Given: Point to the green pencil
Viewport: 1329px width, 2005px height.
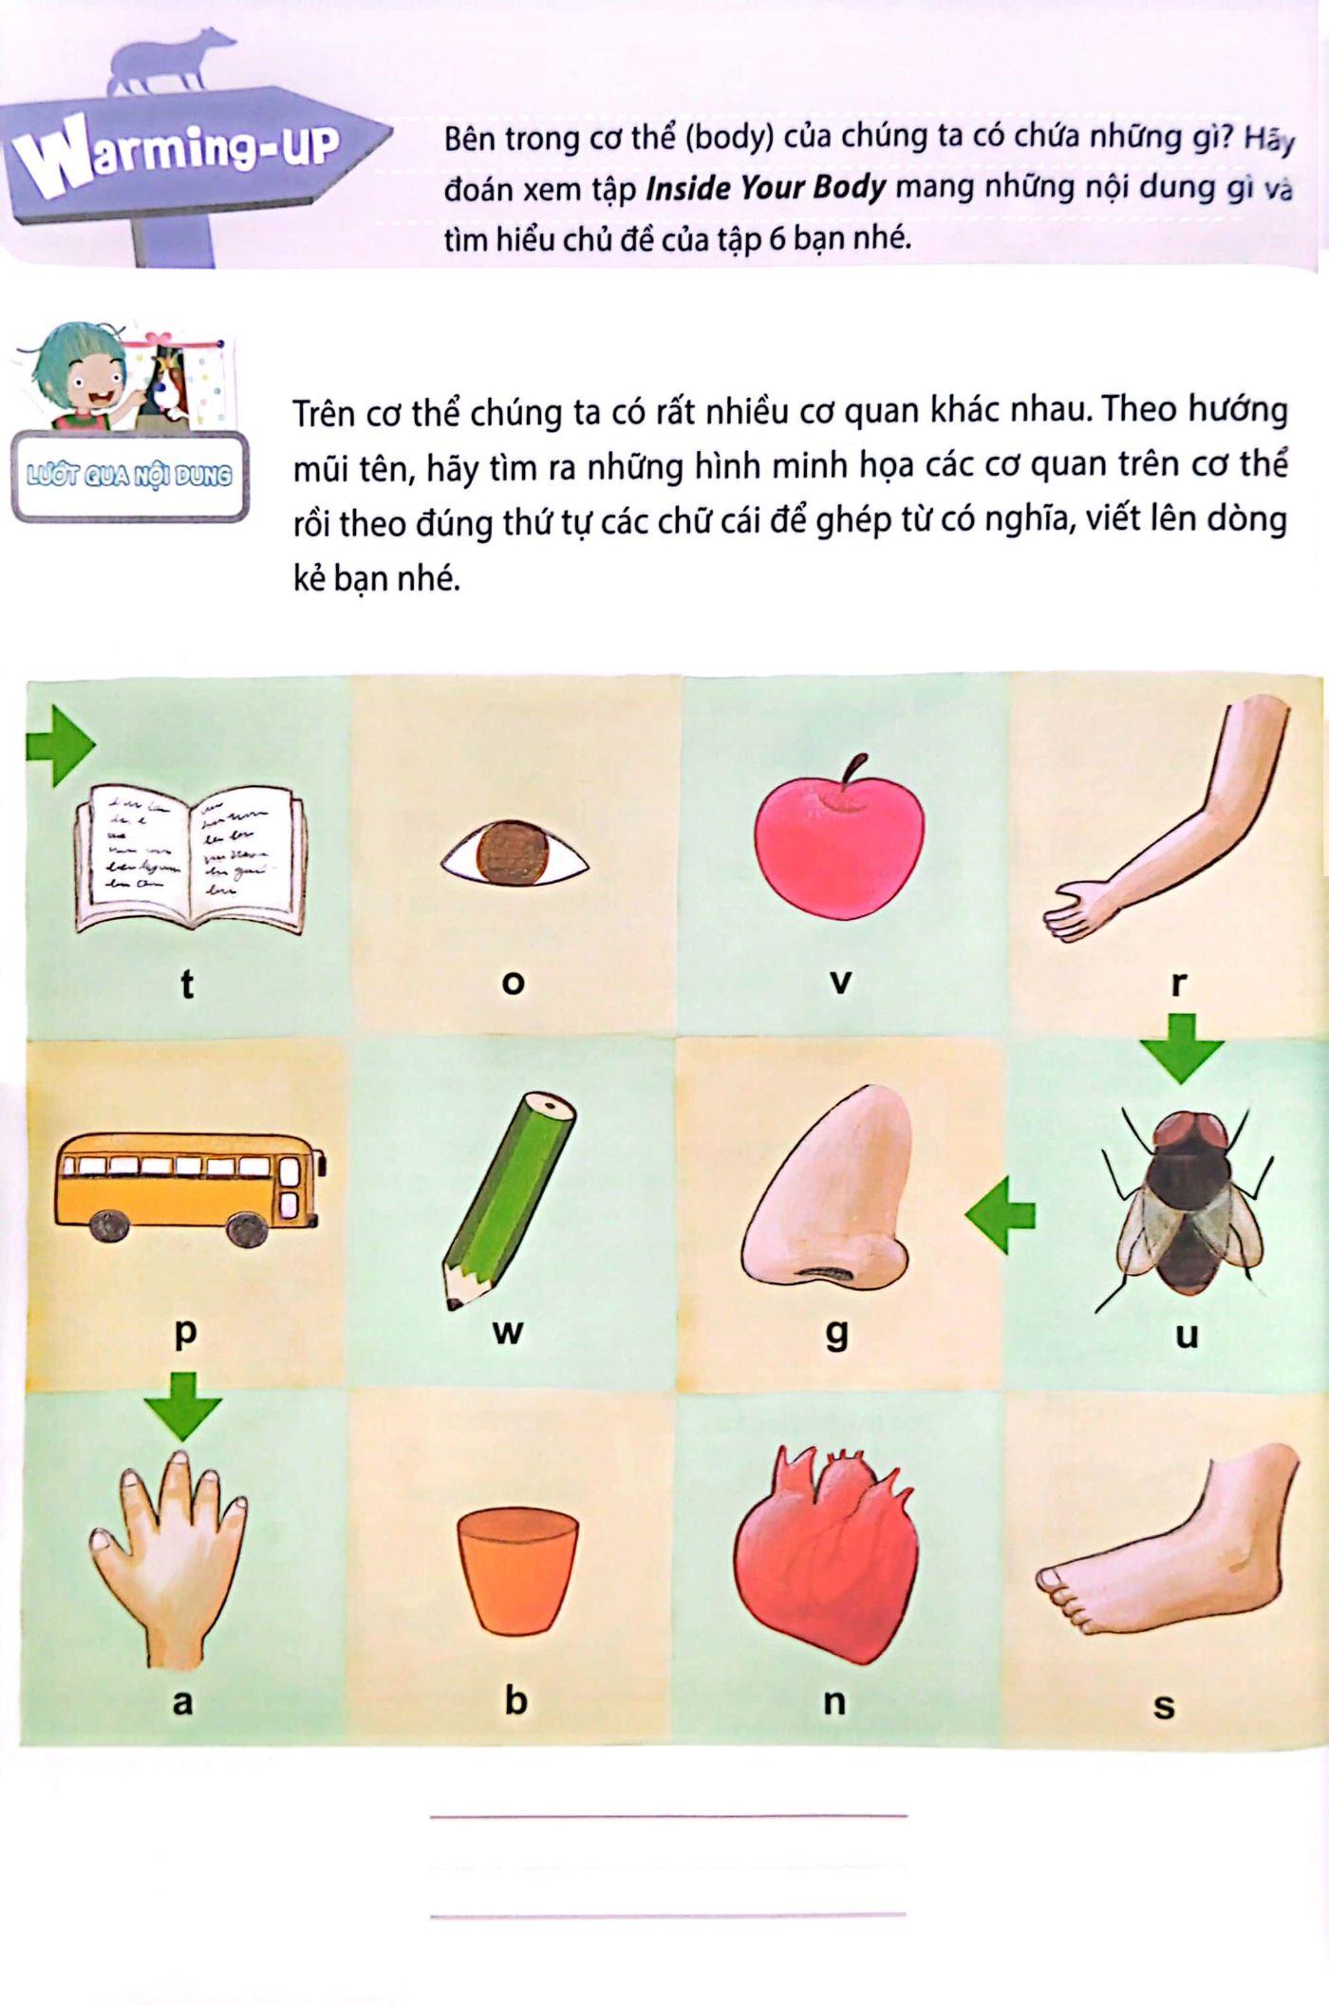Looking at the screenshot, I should tap(508, 1200).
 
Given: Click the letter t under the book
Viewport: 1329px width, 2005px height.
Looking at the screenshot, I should tap(187, 984).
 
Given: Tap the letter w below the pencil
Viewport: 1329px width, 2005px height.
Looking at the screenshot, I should tap(508, 1331).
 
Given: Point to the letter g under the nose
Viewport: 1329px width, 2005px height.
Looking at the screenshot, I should tap(835, 1333).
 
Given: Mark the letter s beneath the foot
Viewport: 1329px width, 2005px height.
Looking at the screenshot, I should tap(1164, 1706).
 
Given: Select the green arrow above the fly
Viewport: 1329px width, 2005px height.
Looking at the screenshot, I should tap(1182, 1047).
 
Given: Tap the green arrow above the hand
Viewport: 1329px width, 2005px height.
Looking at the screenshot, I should tap(183, 1404).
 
